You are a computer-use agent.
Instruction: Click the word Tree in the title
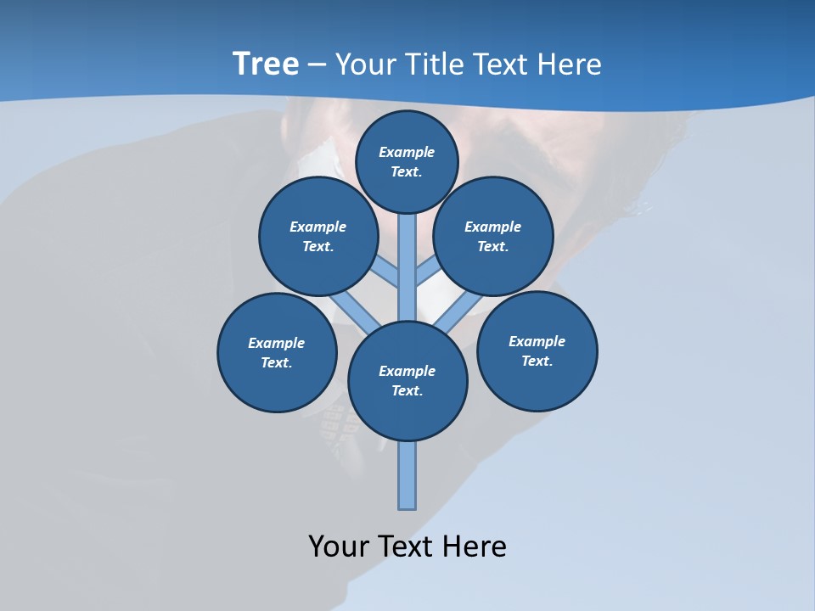(266, 64)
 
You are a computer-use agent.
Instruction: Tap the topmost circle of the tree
(407, 161)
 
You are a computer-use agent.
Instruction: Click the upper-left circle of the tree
(318, 236)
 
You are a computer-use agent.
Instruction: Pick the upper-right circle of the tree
(493, 236)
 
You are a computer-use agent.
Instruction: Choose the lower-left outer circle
(277, 352)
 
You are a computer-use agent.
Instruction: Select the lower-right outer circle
(537, 350)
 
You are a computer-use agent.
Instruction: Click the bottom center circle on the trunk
(407, 381)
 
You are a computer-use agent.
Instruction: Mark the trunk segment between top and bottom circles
(407, 267)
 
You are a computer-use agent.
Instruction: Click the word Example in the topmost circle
(407, 152)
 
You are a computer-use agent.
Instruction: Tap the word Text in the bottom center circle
(406, 391)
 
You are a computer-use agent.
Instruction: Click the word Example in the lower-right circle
(537, 341)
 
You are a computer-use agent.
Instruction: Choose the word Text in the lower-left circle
(275, 363)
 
